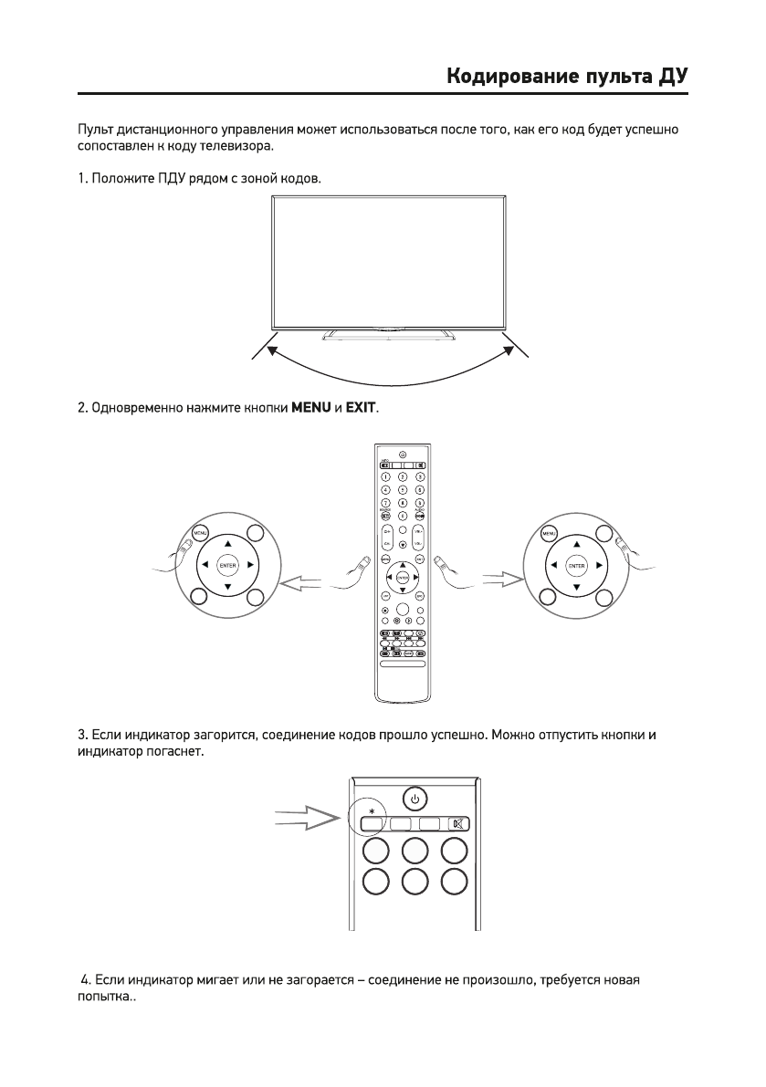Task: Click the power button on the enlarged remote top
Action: (x=414, y=800)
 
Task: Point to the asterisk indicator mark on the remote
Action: (x=370, y=809)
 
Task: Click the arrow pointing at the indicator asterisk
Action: (x=309, y=818)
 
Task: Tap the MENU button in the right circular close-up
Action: (x=550, y=533)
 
